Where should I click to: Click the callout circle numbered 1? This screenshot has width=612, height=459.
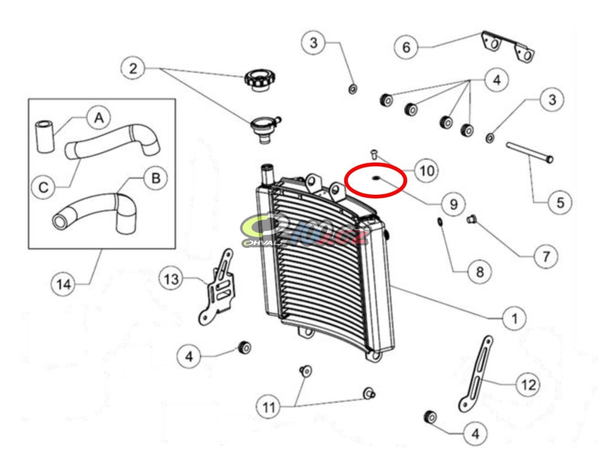point(513,319)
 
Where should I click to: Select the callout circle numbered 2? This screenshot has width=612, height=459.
point(133,69)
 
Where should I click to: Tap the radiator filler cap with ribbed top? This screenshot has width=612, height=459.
point(259,79)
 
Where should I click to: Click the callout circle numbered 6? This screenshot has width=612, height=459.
point(406,47)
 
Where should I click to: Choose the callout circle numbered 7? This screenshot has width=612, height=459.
point(546,256)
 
